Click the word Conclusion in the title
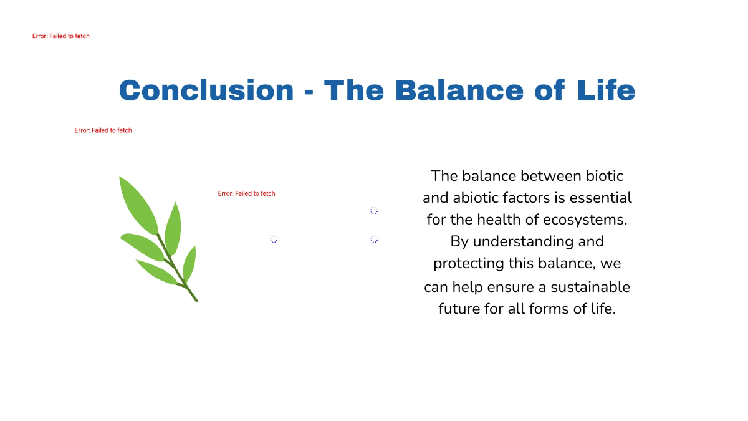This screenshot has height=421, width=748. pyautogui.click(x=206, y=90)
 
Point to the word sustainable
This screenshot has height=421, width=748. pyautogui.click(x=590, y=287)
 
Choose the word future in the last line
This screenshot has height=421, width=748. pyautogui.click(x=459, y=309)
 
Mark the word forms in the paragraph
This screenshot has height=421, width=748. pyautogui.click(x=551, y=309)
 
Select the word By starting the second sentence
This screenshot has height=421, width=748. pyautogui.click(x=459, y=241)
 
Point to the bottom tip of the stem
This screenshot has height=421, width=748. pyautogui.click(x=196, y=301)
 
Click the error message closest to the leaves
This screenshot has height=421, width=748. pyautogui.click(x=246, y=193)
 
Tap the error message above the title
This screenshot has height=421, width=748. pyautogui.click(x=61, y=36)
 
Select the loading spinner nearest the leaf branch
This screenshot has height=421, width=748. pyautogui.click(x=274, y=240)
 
